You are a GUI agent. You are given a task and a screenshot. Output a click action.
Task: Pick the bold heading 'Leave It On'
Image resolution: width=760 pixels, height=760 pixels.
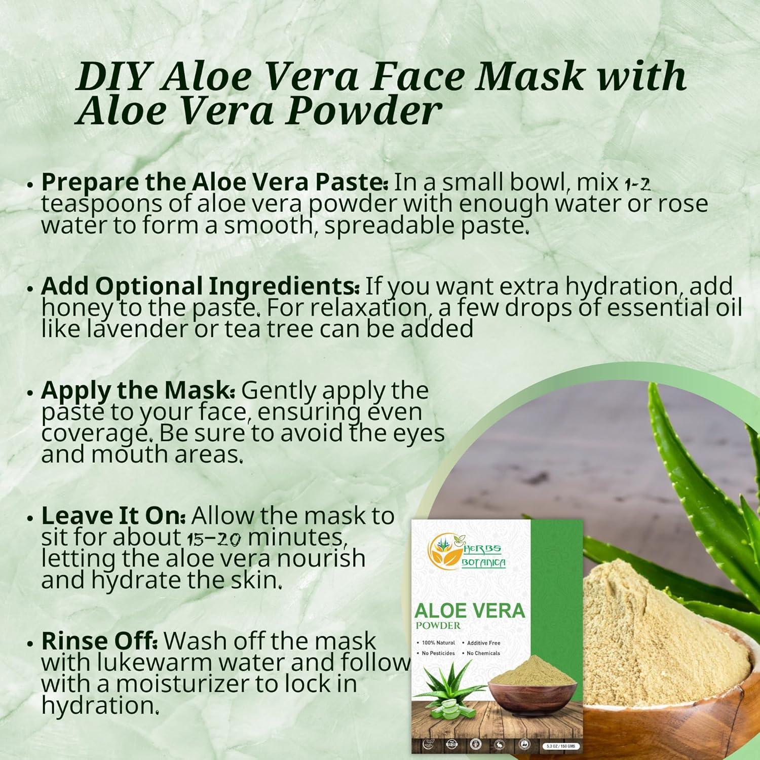pyautogui.click(x=114, y=516)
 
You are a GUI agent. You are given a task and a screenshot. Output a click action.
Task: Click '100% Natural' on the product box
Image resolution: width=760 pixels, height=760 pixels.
pyautogui.click(x=438, y=643)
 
